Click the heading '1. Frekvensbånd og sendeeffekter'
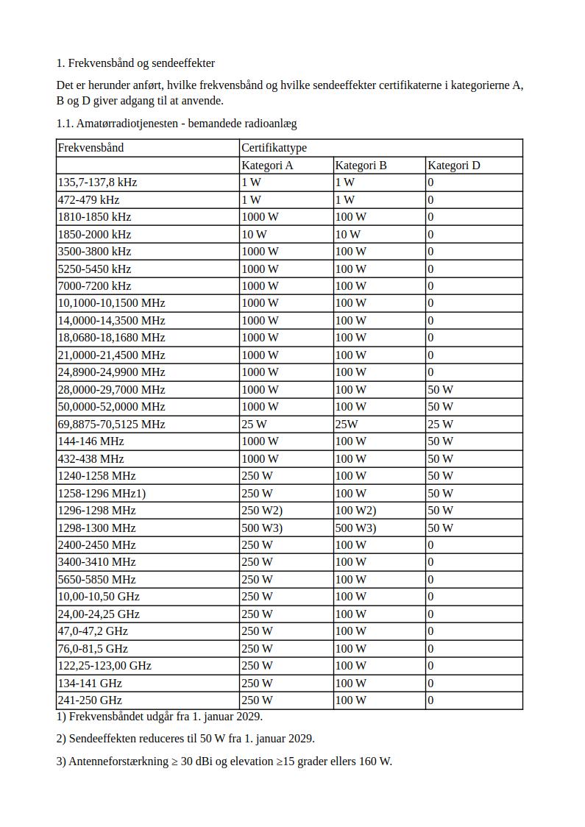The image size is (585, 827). pyautogui.click(x=135, y=63)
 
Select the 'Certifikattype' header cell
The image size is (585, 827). pyautogui.click(x=274, y=148)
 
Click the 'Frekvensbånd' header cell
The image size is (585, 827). pyautogui.click(x=91, y=148)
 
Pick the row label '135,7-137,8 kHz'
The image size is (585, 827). pyautogui.click(x=97, y=182)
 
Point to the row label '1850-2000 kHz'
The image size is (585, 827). pyautogui.click(x=94, y=235)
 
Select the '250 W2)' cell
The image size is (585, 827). pyautogui.click(x=262, y=511)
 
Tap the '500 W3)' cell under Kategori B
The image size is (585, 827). pyautogui.click(x=355, y=528)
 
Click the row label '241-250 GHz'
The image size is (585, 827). pyautogui.click(x=90, y=700)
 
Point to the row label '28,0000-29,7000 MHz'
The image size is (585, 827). pyautogui.click(x=111, y=390)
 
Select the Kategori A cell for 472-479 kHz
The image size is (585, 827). pyautogui.click(x=251, y=200)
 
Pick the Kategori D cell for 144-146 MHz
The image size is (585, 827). pyautogui.click(x=440, y=441)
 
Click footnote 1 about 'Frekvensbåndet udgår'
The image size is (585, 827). pyautogui.click(x=159, y=717)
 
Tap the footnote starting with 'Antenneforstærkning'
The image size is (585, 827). pyautogui.click(x=224, y=762)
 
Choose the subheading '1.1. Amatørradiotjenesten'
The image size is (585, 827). pyautogui.click(x=176, y=124)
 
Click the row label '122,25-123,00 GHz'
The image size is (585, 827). pyautogui.click(x=104, y=666)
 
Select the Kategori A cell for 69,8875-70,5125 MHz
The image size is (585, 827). pyautogui.click(x=254, y=425)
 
